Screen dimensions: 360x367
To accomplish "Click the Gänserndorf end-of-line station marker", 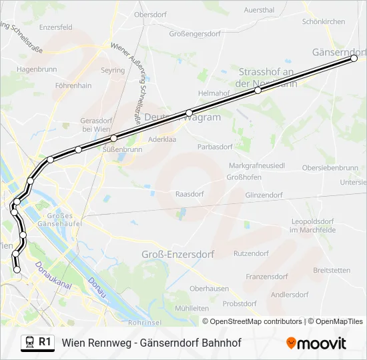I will click(354, 59).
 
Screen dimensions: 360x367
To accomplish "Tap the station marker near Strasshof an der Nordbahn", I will click(258, 90).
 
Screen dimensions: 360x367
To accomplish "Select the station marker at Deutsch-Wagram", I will click(190, 113).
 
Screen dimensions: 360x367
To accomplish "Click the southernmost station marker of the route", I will click(17, 269).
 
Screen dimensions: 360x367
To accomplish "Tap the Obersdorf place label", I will click(151, 14).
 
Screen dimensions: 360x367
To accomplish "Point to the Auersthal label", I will click(259, 10).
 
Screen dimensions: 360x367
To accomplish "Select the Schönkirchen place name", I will click(324, 21).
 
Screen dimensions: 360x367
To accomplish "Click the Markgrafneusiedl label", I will click(257, 165).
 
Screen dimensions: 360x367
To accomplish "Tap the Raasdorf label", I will click(189, 194).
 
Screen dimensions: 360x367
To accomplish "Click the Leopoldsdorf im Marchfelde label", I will click(312, 225).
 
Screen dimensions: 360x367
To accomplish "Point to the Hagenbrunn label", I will click(37, 69).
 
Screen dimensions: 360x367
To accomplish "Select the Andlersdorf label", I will click(290, 294).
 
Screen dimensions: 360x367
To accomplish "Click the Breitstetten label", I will click(332, 270).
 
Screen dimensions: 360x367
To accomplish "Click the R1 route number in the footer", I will click(45, 342).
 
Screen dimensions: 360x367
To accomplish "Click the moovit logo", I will click(316, 343).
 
